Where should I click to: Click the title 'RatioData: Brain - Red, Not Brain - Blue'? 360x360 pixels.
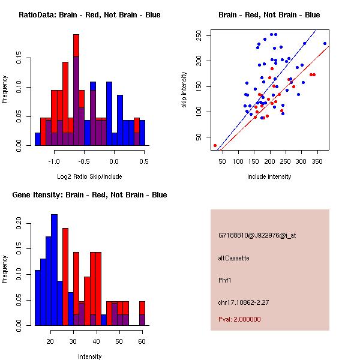(x=89, y=15)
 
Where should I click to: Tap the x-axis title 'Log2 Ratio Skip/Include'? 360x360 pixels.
(x=89, y=176)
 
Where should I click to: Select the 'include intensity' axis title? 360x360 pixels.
(x=269, y=176)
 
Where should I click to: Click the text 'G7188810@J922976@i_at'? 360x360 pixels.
(x=257, y=235)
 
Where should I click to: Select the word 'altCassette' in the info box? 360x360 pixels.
(x=234, y=258)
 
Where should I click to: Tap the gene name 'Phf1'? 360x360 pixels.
(x=225, y=280)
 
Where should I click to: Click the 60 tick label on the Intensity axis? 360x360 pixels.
(x=142, y=341)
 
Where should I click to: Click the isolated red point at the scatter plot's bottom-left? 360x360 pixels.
(x=215, y=146)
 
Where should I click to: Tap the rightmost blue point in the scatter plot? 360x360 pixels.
(x=325, y=43)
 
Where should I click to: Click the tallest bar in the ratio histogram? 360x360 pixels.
(x=76, y=90)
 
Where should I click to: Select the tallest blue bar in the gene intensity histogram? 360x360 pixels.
(x=55, y=270)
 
